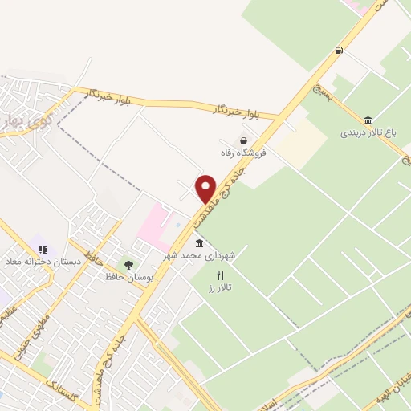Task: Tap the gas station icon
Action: click(x=340, y=51)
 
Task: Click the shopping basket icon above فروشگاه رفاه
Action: click(x=244, y=140)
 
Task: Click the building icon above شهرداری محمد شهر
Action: click(x=199, y=243)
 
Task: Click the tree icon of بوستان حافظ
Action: click(x=128, y=264)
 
